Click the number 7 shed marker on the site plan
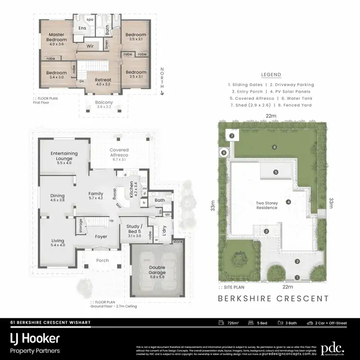click(x=231, y=136)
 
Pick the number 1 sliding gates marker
click(x=297, y=277)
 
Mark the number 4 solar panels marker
click(x=288, y=202)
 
